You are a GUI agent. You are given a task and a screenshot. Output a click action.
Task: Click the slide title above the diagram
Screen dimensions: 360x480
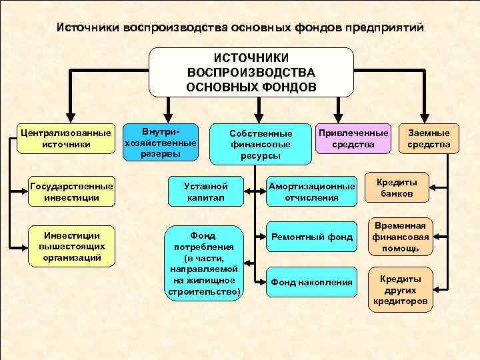point(239,28)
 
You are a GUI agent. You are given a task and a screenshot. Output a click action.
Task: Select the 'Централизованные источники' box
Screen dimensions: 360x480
point(66,139)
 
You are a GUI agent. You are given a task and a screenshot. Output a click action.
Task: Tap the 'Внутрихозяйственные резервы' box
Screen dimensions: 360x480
point(161,141)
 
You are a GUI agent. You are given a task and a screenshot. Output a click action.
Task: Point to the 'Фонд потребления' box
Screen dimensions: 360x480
point(203,263)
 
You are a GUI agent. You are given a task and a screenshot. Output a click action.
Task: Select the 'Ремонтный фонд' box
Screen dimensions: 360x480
point(311,237)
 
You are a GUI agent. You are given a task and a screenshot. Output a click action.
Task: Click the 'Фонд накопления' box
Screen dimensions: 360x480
point(311,282)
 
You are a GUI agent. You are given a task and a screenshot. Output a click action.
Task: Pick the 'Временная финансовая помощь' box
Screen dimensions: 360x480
point(400,237)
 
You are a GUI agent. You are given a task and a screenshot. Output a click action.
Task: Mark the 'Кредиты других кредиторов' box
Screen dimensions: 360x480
point(400,291)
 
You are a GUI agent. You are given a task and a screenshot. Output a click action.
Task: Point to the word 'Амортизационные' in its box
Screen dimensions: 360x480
point(311,186)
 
